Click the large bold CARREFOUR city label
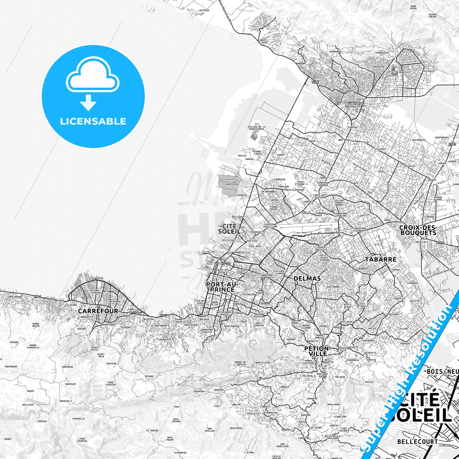coord(98,311)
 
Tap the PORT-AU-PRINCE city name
coord(220,287)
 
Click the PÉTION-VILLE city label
coord(317,351)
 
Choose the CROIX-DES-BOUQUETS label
coord(418,230)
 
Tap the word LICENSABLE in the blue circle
coord(93,121)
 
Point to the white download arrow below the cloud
coord(88,102)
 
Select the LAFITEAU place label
coord(204,10)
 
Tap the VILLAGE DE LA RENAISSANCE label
coord(256,128)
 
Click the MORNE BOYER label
coord(36,325)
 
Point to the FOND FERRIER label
coord(111,383)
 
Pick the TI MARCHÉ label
coord(152,431)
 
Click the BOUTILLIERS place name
coord(263,362)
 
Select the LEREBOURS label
coord(335,51)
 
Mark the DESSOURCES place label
coord(419,140)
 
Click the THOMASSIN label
coord(271,413)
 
